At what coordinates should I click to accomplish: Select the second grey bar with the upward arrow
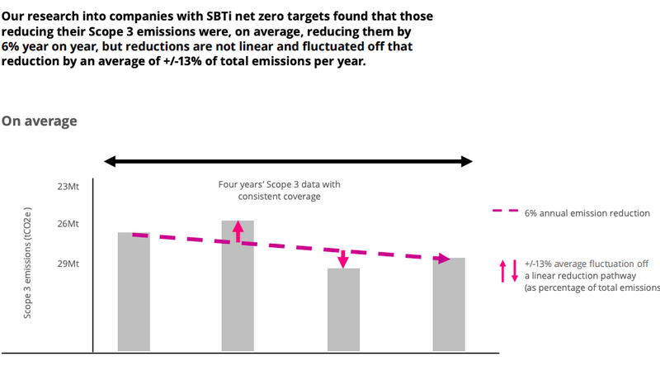click(x=238, y=289)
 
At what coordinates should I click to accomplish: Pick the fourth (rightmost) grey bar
click(x=449, y=304)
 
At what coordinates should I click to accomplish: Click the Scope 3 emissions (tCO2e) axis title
click(x=29, y=263)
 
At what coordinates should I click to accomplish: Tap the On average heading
click(x=40, y=121)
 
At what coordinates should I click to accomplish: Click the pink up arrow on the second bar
click(x=238, y=230)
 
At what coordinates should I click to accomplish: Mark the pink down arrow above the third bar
click(x=343, y=257)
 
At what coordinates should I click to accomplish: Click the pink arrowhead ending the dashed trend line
click(x=444, y=259)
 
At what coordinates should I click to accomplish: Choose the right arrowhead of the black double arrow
click(x=467, y=160)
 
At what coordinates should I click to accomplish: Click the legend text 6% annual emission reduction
click(x=587, y=212)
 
